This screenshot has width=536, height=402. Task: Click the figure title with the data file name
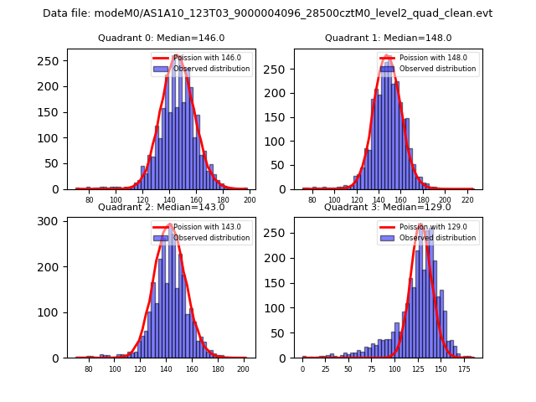click(268, 13)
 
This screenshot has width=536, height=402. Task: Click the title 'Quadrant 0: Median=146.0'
click(161, 38)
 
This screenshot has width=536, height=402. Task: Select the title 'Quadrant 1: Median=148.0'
click(388, 38)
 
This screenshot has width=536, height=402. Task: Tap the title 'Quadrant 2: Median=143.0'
click(161, 207)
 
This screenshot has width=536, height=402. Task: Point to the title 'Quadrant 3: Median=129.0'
click(388, 207)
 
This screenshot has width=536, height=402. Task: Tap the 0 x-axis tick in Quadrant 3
click(303, 369)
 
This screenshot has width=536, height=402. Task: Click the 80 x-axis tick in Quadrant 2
click(89, 369)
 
